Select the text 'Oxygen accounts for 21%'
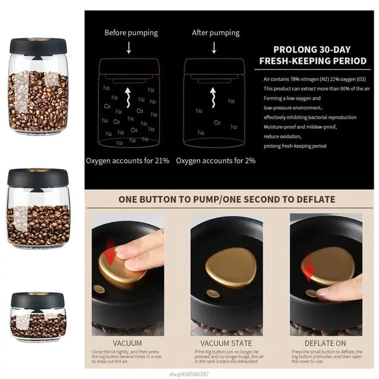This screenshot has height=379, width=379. (127, 161)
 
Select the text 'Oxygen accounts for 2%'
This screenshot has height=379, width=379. (215, 161)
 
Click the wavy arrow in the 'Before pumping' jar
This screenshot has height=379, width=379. (129, 100)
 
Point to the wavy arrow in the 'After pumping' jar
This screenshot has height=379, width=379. (214, 100)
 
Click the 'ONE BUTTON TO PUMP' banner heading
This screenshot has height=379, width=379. (226, 199)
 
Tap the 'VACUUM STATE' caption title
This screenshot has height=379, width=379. (226, 343)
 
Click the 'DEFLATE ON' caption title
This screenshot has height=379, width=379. (325, 343)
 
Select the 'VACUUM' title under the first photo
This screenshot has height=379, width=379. (127, 343)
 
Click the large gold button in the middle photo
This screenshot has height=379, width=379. (232, 268)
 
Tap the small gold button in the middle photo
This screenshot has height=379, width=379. (213, 293)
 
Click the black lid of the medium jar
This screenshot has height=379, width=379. (38, 178)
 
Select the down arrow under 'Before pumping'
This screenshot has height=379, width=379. (129, 48)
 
